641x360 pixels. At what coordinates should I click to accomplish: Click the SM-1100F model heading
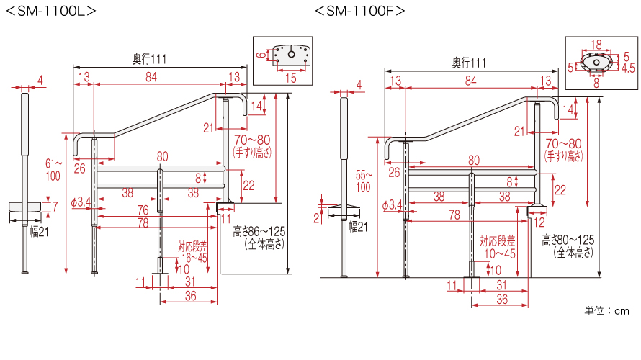click(x=360, y=12)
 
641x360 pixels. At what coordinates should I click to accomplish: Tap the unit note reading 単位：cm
click(x=606, y=311)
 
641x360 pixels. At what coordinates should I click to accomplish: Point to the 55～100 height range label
click(x=364, y=181)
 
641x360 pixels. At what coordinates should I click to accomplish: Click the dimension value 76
click(x=143, y=210)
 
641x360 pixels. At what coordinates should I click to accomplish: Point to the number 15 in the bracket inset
click(x=290, y=77)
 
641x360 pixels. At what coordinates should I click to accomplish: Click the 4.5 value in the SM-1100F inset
click(x=627, y=68)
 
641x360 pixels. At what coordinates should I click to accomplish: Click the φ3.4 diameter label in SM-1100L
click(x=81, y=204)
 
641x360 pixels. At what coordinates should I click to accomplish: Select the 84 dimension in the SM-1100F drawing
click(x=470, y=81)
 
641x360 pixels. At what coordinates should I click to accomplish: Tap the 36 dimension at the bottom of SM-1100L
click(x=191, y=295)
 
